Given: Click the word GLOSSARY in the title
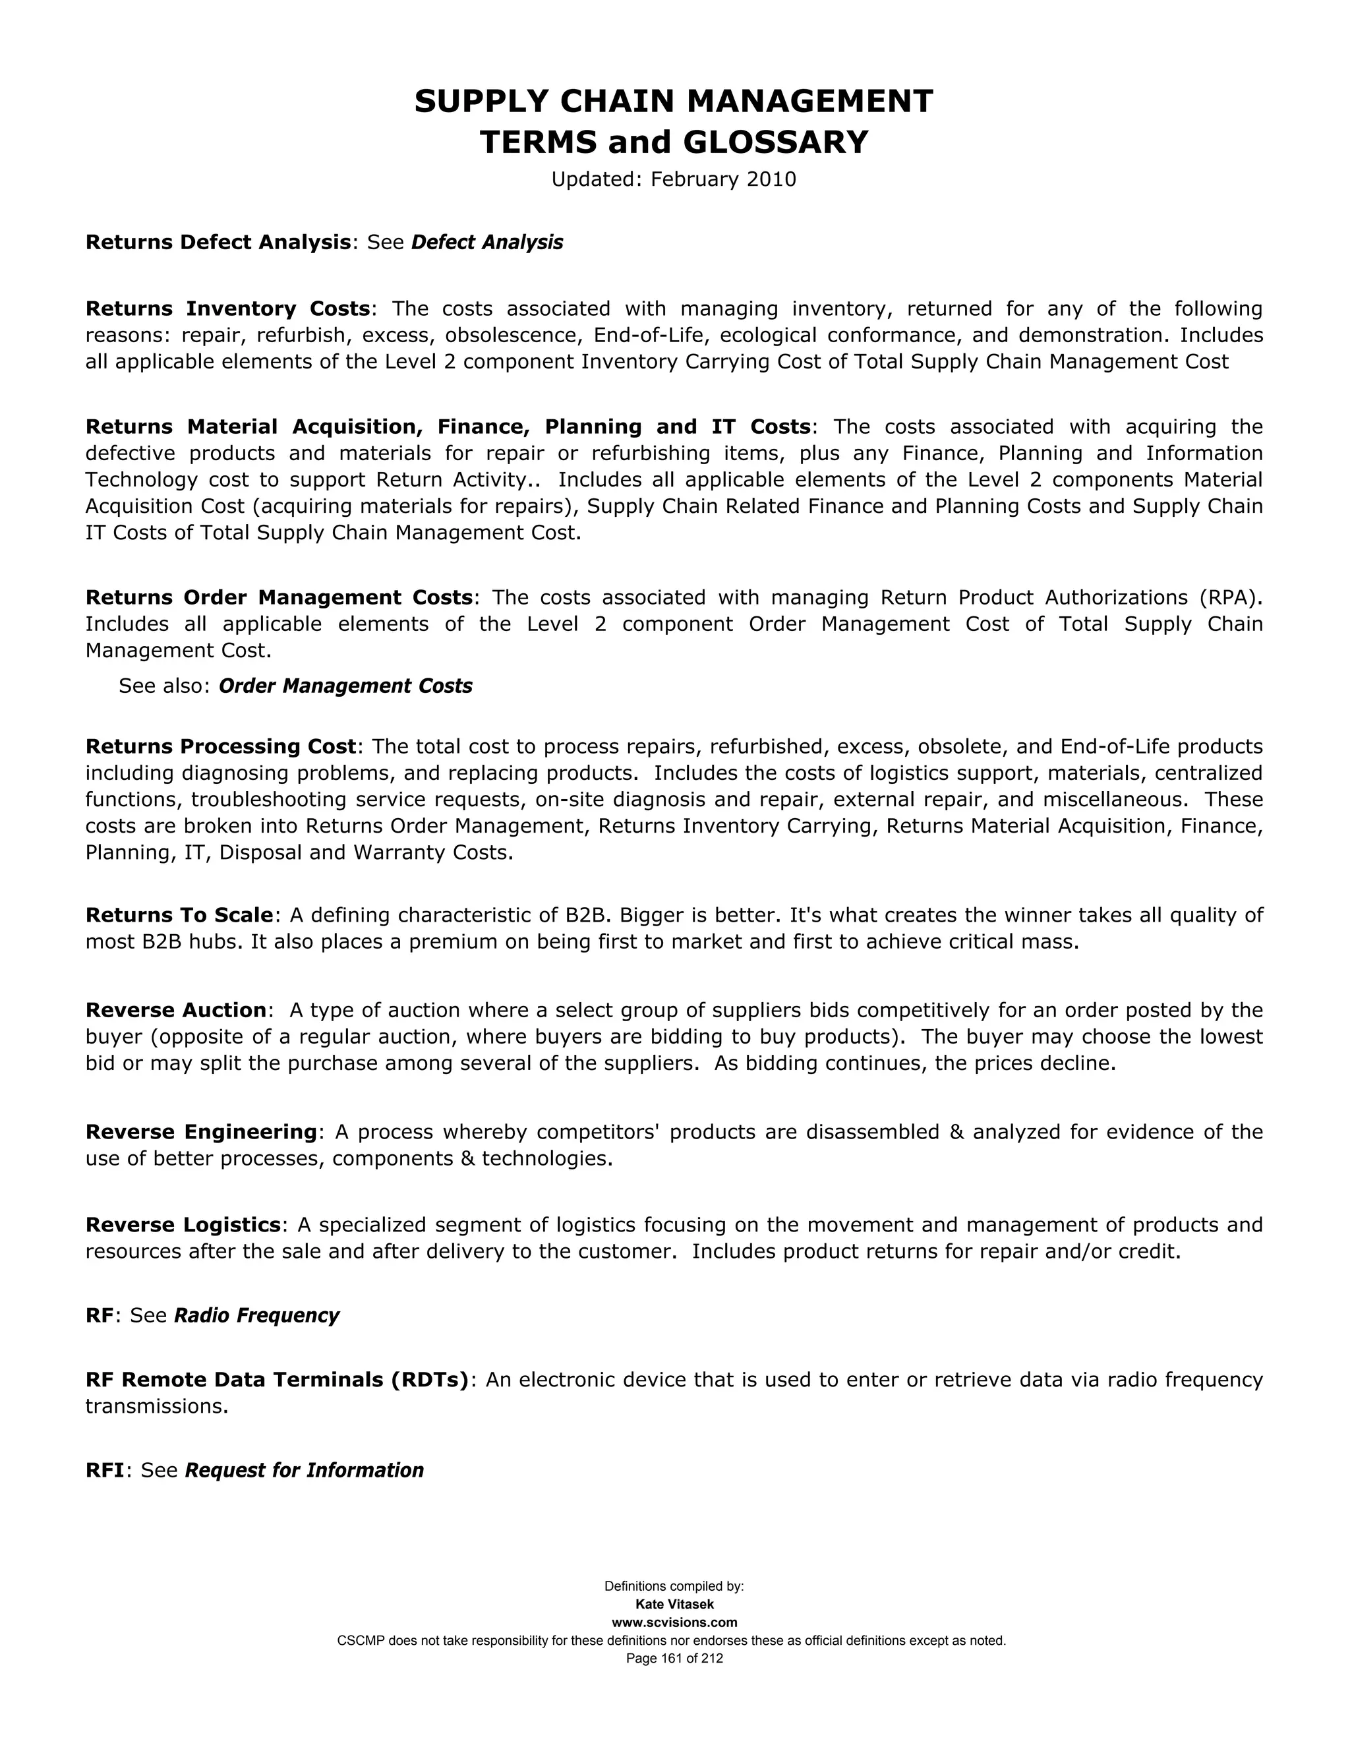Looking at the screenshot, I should point(775,142).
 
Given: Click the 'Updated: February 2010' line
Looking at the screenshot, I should point(674,179).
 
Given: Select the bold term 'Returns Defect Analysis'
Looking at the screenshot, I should point(218,243).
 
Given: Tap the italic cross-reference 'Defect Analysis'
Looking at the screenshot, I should point(487,243).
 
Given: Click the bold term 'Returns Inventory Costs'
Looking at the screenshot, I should point(228,309).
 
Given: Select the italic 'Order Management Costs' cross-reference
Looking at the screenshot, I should point(345,686).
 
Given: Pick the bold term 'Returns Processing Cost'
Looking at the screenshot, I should point(221,746).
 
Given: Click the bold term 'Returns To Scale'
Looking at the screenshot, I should point(180,915).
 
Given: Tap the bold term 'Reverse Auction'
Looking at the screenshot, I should point(176,1010).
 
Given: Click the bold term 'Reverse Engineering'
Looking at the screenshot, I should point(202,1132).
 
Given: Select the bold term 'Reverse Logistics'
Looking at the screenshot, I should point(183,1225).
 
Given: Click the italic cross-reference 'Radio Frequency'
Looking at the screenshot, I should point(256,1316).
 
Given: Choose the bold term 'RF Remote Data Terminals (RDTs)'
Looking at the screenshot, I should point(277,1380).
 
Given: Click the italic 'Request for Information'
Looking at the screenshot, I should point(304,1470).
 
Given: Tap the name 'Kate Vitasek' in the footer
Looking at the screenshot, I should point(674,1605).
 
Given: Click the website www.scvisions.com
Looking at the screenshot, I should point(674,1622).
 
